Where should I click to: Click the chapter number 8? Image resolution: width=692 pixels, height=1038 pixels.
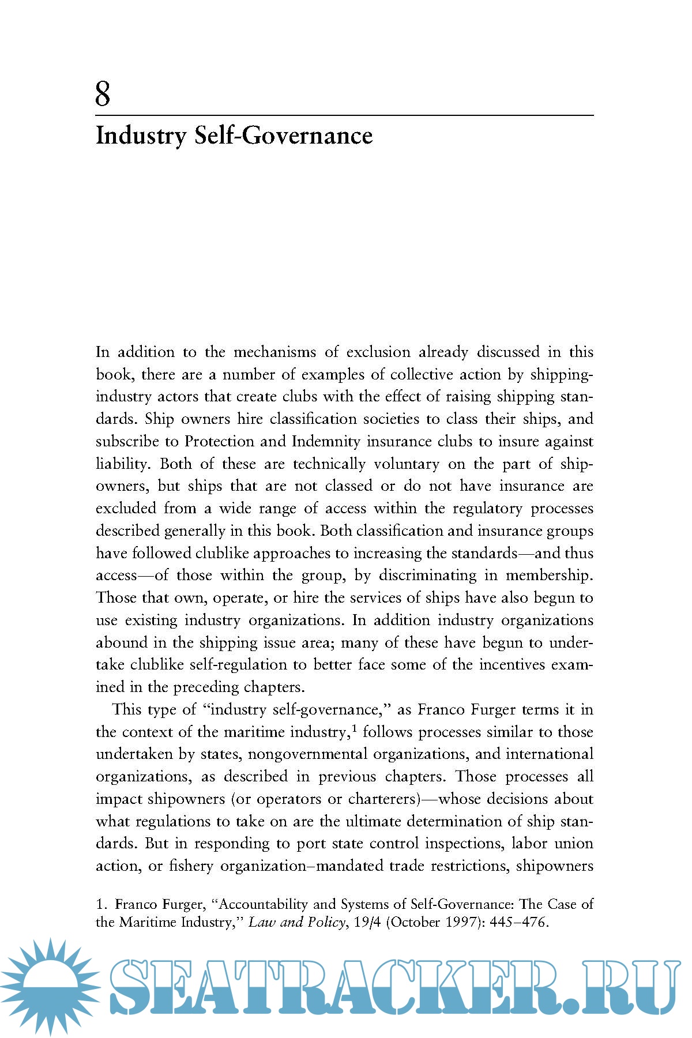[x=103, y=94]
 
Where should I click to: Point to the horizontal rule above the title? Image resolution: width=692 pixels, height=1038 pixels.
[x=344, y=116]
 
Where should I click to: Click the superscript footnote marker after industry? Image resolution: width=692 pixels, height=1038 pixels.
[x=353, y=728]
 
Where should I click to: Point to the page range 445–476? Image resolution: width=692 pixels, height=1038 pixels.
[x=517, y=922]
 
